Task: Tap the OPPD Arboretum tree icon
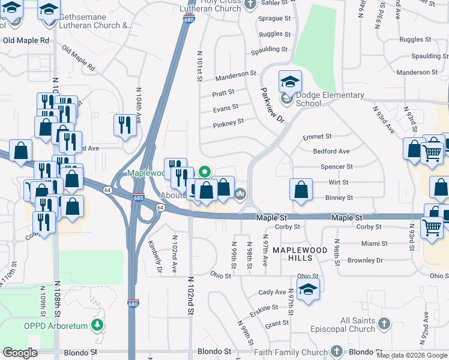pyautogui.click(x=98, y=325)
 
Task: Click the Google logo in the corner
pyautogui.click(x=20, y=353)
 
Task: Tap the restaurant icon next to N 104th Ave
pyautogui.click(x=125, y=125)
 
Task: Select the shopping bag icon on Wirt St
pyautogui.click(x=301, y=190)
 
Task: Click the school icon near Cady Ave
pyautogui.click(x=308, y=289)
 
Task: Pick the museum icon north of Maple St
pyautogui.click(x=241, y=193)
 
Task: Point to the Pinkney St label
pyautogui.click(x=228, y=122)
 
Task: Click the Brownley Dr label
pyautogui.click(x=365, y=260)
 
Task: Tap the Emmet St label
pyautogui.click(x=317, y=137)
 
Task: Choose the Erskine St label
pyautogui.click(x=265, y=307)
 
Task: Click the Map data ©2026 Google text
pyautogui.click(x=412, y=355)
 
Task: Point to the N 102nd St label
pyautogui.click(x=190, y=295)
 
